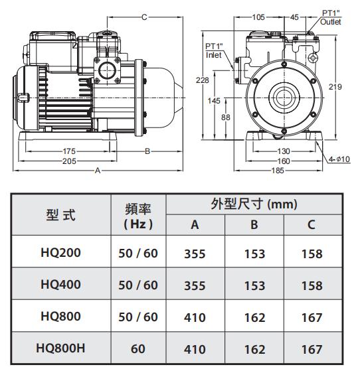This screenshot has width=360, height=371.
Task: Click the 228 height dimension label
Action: (x=203, y=80)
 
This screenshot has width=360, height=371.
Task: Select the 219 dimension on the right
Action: (x=335, y=87)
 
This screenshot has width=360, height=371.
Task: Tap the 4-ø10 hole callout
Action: (x=339, y=159)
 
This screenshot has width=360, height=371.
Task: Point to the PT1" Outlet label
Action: (x=330, y=17)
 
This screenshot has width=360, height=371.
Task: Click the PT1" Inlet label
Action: (x=214, y=50)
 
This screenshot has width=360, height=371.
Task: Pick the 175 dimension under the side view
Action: (x=69, y=151)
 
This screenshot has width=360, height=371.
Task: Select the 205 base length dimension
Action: (x=69, y=161)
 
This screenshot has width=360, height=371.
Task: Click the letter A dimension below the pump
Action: (x=98, y=171)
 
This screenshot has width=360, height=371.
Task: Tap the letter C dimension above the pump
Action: (x=144, y=17)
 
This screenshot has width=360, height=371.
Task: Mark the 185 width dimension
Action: (x=278, y=171)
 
